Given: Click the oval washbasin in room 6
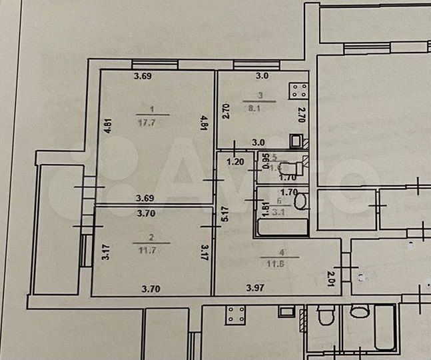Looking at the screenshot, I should click(300, 201).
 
